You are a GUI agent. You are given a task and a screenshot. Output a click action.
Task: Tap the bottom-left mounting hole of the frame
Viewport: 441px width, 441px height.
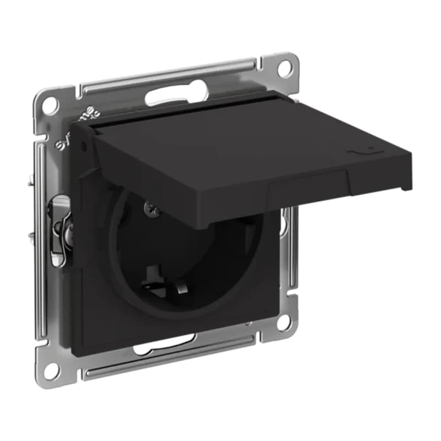(x=51, y=370)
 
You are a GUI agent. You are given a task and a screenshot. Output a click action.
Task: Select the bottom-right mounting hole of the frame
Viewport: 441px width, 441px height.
(x=284, y=322)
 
